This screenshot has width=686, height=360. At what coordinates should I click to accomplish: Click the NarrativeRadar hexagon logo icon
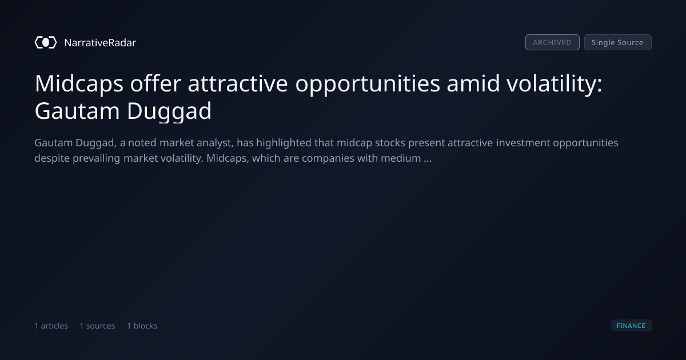[46, 42]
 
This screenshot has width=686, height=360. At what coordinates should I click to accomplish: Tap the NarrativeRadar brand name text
[100, 43]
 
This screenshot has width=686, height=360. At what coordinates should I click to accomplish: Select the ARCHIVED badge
[552, 42]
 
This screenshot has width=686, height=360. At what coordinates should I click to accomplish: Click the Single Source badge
[618, 42]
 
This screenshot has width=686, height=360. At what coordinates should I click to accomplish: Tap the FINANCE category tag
[631, 326]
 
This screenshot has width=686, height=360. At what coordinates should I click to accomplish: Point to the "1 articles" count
[51, 326]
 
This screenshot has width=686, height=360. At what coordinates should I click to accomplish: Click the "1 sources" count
[97, 326]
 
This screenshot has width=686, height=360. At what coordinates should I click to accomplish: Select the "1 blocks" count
[142, 326]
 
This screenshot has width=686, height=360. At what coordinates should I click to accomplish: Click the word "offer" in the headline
[155, 83]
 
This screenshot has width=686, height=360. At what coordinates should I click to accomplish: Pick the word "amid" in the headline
[473, 83]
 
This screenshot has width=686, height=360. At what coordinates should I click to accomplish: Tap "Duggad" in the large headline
[169, 111]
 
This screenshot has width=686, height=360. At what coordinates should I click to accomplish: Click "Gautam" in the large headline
[77, 111]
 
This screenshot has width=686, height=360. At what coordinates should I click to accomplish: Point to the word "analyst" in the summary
[215, 143]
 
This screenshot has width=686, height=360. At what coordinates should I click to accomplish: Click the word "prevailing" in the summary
[96, 159]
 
